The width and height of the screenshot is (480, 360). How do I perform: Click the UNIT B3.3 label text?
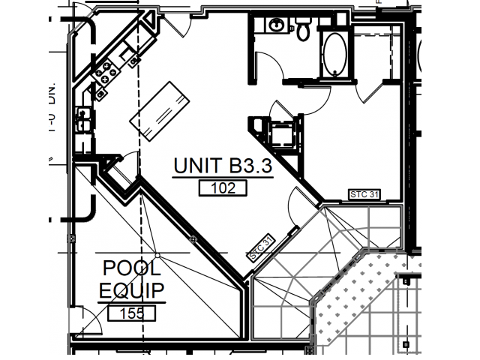(x=223, y=166)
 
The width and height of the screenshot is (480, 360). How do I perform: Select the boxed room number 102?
(x=223, y=189)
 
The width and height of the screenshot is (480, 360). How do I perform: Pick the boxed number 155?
(x=131, y=313)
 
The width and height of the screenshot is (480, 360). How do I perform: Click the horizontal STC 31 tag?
(x=365, y=195)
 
